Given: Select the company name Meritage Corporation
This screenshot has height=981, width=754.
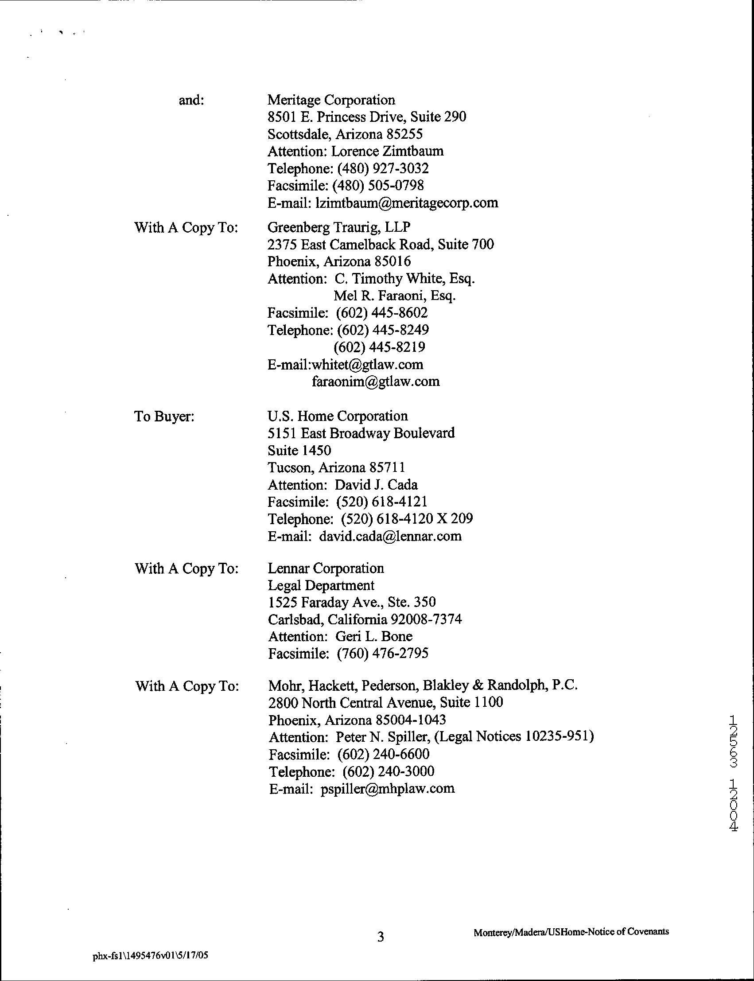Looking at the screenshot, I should (331, 100).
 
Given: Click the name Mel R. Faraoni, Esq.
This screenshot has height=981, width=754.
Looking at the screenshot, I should (395, 296).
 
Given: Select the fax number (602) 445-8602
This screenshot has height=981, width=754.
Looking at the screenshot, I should (381, 313).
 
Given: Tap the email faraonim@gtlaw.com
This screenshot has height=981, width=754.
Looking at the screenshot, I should (376, 381).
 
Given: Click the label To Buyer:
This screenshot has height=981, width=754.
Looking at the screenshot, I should (164, 417).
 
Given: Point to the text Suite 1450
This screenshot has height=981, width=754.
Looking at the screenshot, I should (299, 450).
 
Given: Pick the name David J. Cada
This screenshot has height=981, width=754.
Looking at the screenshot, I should (376, 485).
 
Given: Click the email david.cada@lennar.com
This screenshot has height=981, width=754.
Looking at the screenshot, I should (390, 536).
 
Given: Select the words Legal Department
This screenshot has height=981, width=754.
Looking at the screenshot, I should (321, 585).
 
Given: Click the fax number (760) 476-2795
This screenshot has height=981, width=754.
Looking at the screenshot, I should (382, 654).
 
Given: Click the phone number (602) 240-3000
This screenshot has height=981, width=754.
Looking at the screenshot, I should (388, 771).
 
